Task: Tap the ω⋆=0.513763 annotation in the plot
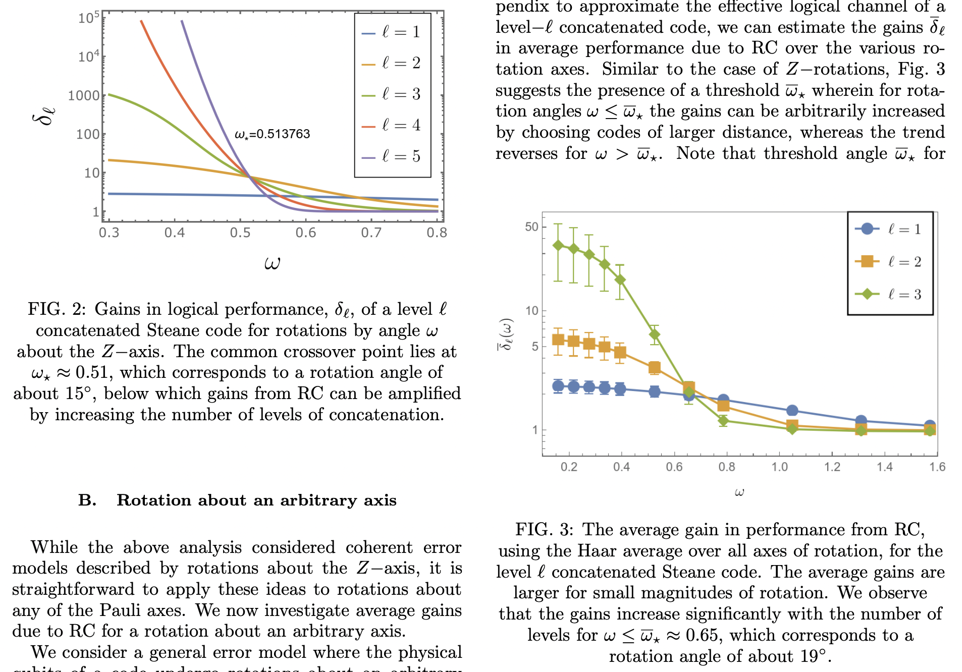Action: [x=272, y=134]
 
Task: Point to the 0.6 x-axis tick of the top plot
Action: [x=306, y=233]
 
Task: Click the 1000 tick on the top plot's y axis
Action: [x=84, y=95]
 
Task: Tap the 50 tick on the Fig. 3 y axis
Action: [x=531, y=227]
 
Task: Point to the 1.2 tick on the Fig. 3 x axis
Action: [x=832, y=467]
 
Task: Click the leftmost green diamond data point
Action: [x=558, y=245]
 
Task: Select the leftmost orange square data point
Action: [x=558, y=340]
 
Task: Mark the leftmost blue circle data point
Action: [x=558, y=386]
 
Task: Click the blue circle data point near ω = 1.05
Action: [x=792, y=411]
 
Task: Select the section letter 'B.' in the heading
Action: [x=87, y=500]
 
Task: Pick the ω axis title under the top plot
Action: [x=272, y=263]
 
